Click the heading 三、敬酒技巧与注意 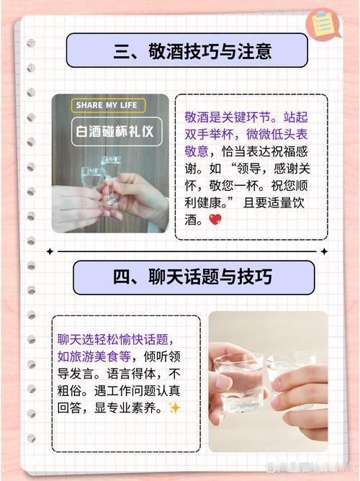coord(192,51)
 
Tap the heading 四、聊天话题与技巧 coord(192,277)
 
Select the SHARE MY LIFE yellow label coord(108,105)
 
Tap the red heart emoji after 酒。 coord(215,220)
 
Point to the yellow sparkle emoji coord(174,408)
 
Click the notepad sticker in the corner coord(323,24)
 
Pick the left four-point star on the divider coord(50,251)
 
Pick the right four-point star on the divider coord(324,251)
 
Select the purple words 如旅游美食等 coord(94,356)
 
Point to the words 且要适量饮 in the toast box coord(274,202)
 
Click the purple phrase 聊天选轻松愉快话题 coord(113,339)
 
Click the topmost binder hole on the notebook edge coord(31,43)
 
